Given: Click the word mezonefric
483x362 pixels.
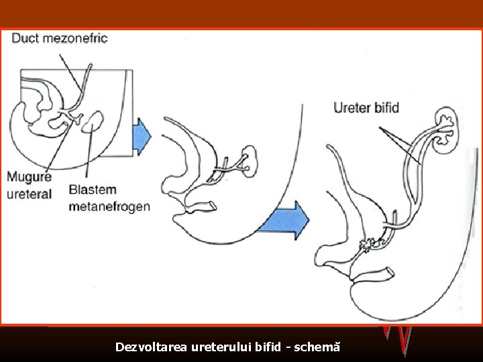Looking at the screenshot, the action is [75, 38].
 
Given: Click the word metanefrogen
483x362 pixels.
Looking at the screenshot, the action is [109, 206].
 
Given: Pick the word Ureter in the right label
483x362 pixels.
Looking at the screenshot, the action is [352, 107].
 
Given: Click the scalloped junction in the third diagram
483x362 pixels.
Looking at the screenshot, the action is [368, 246].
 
